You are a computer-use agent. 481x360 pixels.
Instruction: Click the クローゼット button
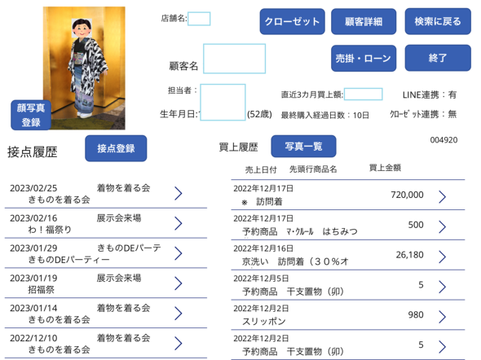292,21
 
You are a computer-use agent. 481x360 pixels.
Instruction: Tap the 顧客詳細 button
364,21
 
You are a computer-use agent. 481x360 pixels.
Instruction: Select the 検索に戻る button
438,21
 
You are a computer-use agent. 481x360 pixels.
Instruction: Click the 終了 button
438,58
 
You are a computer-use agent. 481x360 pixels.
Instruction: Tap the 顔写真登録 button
31,115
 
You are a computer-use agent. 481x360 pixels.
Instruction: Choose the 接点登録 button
116,148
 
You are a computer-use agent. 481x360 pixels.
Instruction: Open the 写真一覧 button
303,146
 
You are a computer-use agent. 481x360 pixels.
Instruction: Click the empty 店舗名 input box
199,19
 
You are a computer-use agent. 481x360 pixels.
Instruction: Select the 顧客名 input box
234,59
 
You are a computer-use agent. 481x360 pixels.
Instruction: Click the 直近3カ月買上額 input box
364,94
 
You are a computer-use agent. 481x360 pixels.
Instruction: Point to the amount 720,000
407,195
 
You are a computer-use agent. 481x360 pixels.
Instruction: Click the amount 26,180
409,255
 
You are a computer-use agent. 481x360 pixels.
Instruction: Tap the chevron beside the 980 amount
442,317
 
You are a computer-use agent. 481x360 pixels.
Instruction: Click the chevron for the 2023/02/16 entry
179,223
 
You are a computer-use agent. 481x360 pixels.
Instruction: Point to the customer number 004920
443,140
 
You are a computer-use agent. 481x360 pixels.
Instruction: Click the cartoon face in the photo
82,28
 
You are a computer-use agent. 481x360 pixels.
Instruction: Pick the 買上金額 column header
385,168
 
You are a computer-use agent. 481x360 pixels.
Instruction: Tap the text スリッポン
264,322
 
